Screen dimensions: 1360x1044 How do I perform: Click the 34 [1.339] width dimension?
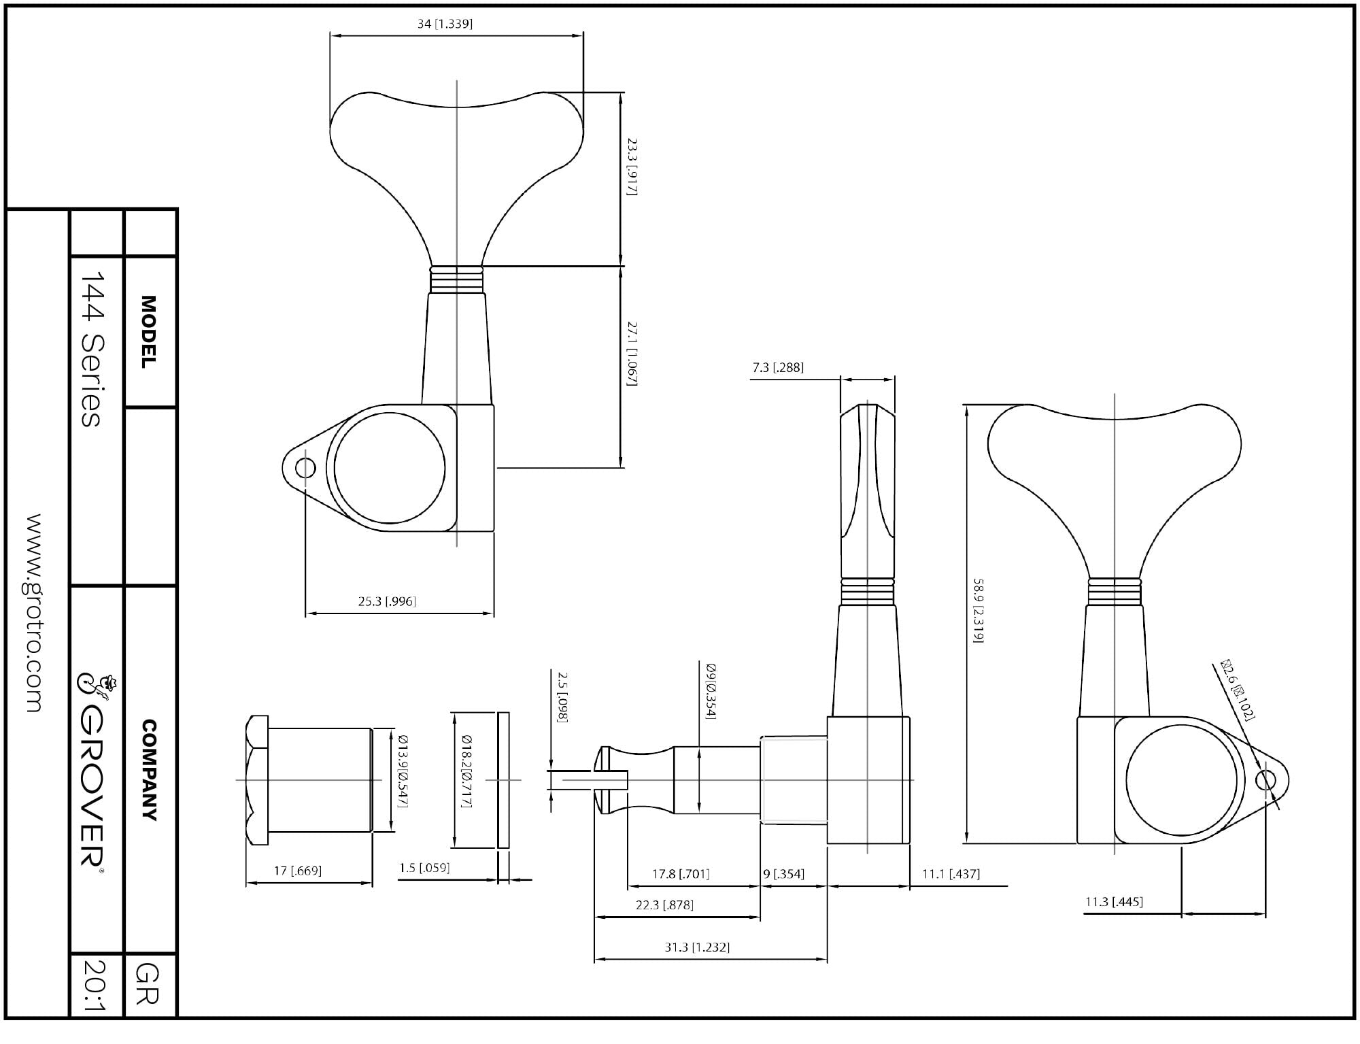pyautogui.click(x=445, y=24)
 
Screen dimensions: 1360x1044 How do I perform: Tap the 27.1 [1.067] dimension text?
pyautogui.click(x=632, y=354)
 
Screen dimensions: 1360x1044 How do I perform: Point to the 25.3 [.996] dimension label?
pyautogui.click(x=387, y=601)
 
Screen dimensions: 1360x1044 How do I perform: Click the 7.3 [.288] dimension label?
pyautogui.click(x=778, y=368)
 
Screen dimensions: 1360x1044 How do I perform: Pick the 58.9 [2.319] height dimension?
pyautogui.click(x=979, y=611)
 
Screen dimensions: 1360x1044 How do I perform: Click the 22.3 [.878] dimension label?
pyautogui.click(x=664, y=905)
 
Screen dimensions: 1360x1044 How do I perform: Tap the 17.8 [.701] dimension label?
pyautogui.click(x=680, y=874)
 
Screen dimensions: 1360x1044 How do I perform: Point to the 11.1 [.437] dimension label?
pyautogui.click(x=951, y=874)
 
